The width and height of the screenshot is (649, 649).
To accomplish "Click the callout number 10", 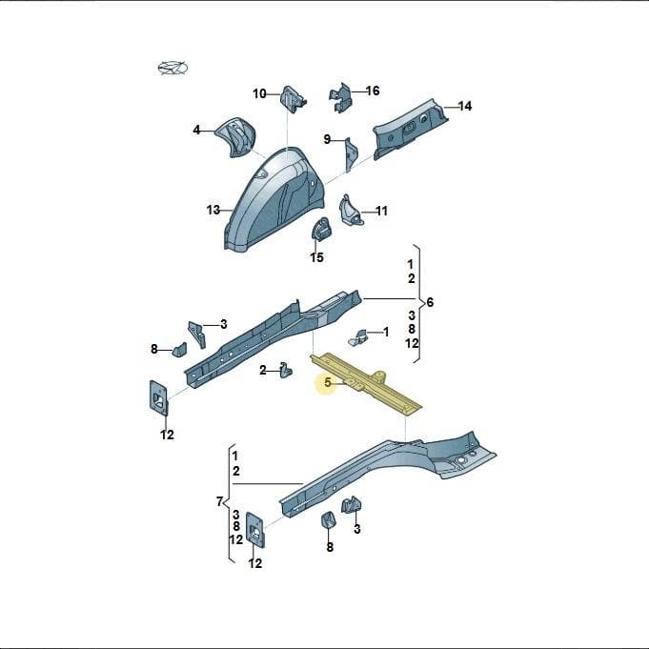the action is point(259,94).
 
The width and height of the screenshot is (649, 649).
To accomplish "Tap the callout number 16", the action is point(373,91).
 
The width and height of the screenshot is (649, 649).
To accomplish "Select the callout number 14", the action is point(465,106).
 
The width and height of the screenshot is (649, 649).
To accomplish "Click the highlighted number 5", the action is point(328,382).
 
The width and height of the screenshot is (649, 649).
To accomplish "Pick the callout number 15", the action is point(316,257).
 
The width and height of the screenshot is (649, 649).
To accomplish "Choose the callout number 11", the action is point(381,211).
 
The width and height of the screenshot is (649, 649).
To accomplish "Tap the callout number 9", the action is point(327,139).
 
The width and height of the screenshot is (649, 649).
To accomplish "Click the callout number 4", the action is point(196,130).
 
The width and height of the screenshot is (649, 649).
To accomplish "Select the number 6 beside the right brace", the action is point(430,302).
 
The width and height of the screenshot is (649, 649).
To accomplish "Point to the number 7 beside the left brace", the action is point(219,501).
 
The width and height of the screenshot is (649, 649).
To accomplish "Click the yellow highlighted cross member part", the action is point(366,383).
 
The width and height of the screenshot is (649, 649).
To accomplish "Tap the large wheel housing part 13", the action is point(274,198).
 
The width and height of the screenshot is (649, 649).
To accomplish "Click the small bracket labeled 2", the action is point(286,370).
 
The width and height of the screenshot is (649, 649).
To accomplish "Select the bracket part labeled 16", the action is point(341,98).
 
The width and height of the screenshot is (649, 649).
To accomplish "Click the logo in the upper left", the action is point(172,69).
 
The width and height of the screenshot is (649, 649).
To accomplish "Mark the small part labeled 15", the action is point(321,229).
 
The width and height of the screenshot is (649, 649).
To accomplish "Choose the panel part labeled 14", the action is point(410,129).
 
